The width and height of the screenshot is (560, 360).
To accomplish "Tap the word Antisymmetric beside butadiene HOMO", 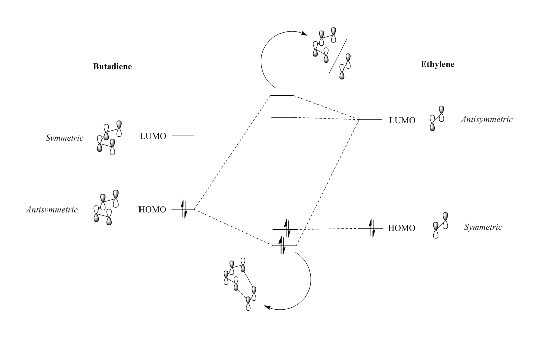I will [x=52, y=210].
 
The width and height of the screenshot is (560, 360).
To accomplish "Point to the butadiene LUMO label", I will [x=154, y=136].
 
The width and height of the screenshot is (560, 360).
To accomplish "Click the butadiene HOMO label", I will [x=152, y=210].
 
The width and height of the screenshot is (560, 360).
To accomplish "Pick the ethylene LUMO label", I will [x=402, y=120].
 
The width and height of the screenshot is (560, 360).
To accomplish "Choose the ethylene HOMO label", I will [x=402, y=228].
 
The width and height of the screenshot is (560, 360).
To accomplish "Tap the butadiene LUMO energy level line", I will [x=182, y=136].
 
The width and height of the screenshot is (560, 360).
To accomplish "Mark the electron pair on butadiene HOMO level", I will [x=184, y=210].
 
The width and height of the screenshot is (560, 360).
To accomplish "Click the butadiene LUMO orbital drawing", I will [x=110, y=136].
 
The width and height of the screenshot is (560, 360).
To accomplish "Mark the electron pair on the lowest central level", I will [x=283, y=245].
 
